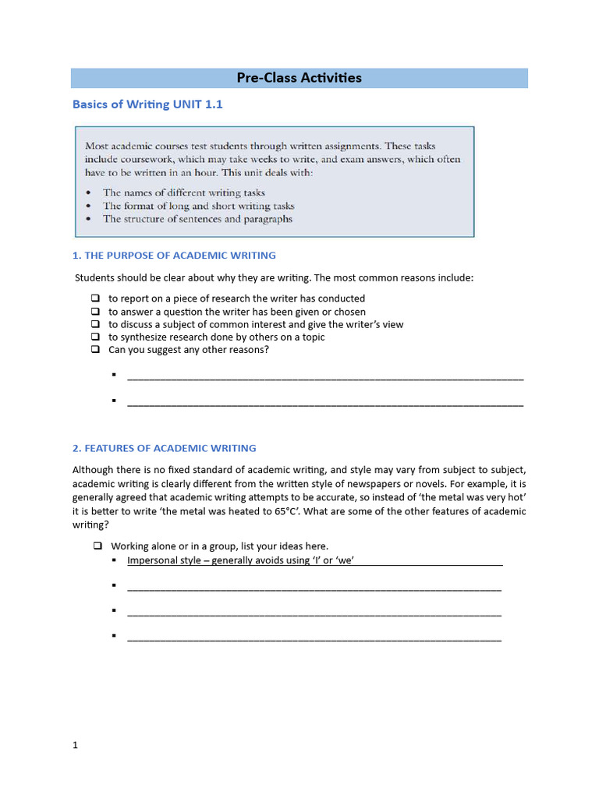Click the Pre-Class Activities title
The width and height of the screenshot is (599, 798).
click(x=299, y=78)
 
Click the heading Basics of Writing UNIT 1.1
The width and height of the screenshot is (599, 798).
click(x=141, y=104)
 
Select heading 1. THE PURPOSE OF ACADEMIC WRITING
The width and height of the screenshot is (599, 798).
click(x=174, y=255)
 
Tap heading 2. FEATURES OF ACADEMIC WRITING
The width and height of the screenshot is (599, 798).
click(x=164, y=448)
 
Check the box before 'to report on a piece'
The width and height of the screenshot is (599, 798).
click(x=95, y=298)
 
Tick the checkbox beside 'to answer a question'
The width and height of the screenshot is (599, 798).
click(x=95, y=312)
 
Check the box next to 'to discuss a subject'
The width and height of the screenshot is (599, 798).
click(x=95, y=324)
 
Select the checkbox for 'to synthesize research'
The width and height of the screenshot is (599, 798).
click(x=95, y=337)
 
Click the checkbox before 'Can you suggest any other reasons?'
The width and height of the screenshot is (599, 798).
click(x=95, y=350)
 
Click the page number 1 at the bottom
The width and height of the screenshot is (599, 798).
click(x=76, y=745)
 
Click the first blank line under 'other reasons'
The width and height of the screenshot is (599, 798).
click(x=324, y=377)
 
